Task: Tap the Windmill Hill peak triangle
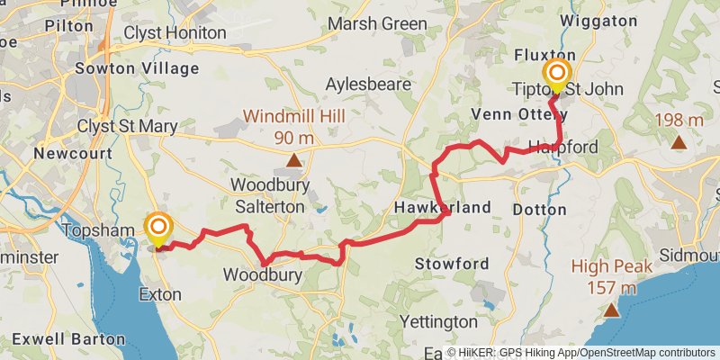pos(293,162)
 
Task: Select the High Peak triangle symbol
pos(611,311)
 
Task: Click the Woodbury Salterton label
pos(270,196)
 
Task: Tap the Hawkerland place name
pos(443,208)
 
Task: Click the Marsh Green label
pos(377,23)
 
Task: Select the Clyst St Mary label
pos(127,126)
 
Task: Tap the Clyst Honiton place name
pos(175,32)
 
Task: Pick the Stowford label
pos(452,264)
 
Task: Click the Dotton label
pos(539,209)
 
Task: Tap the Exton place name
pos(160,293)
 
